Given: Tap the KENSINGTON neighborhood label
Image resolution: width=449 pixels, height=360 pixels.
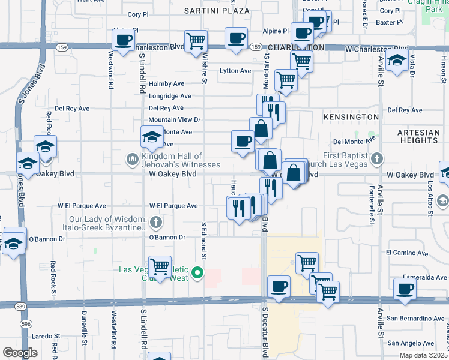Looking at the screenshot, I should (x=351, y=116).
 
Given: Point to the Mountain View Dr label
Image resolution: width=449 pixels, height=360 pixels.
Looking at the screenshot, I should (x=174, y=120).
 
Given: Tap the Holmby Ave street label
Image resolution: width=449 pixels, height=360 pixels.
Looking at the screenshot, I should (x=166, y=84).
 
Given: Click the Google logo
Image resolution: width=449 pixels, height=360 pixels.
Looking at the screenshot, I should (x=20, y=353).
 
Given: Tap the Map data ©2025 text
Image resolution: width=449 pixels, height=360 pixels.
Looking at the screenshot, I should (x=424, y=355).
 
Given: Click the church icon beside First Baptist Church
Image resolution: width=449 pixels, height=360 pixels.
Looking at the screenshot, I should (x=376, y=158).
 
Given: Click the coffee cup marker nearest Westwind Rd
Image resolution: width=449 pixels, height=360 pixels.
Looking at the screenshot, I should (x=124, y=41).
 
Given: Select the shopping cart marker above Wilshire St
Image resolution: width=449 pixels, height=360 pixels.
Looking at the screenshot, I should (x=196, y=41).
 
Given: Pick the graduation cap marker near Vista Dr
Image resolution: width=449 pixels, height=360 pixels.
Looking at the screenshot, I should (x=397, y=59).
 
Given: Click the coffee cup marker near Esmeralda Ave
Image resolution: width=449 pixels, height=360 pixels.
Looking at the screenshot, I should (x=405, y=289).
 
